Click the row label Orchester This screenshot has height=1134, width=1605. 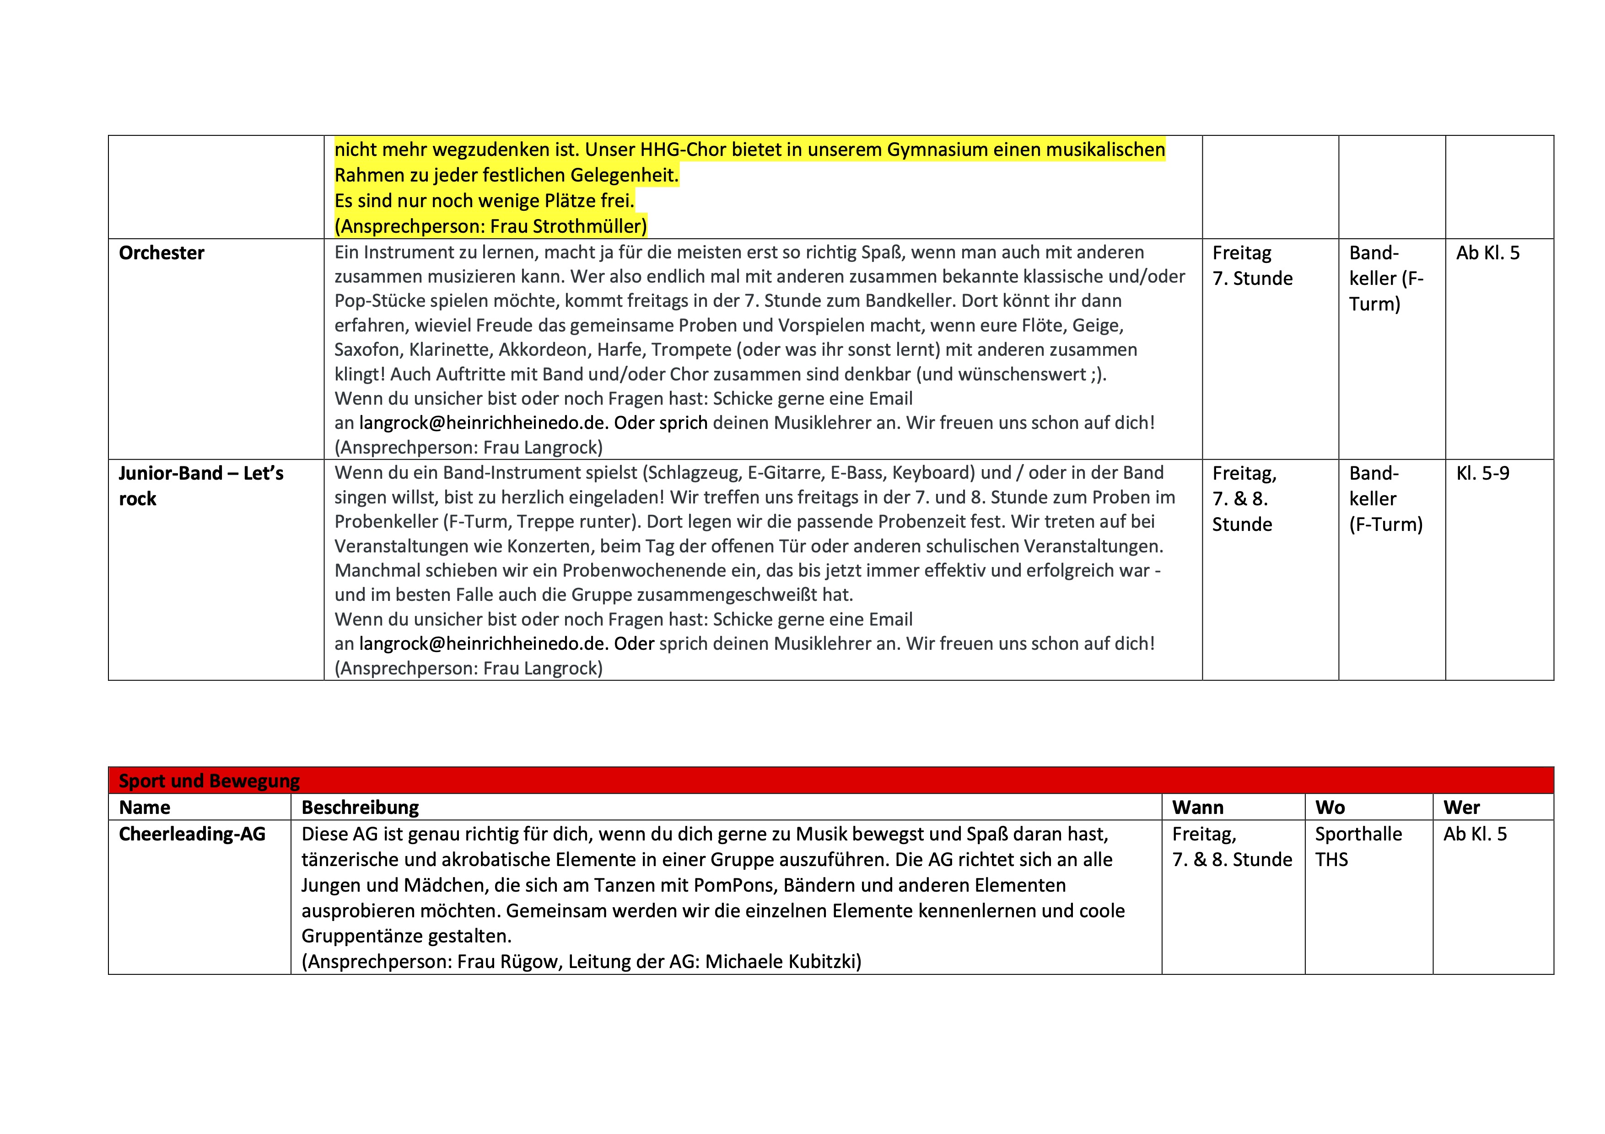pyautogui.click(x=162, y=253)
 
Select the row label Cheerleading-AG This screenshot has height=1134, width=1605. pyautogui.click(x=192, y=834)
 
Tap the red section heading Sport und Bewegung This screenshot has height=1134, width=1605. pyautogui.click(x=209, y=781)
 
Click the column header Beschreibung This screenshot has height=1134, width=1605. pyautogui.click(x=360, y=808)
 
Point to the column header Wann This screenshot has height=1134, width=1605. pyautogui.click(x=1197, y=808)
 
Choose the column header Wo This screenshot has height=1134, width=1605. pyautogui.click(x=1330, y=808)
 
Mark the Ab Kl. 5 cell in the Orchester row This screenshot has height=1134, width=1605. pyautogui.click(x=1487, y=253)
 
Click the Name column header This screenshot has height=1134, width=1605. pyautogui.click(x=145, y=808)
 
